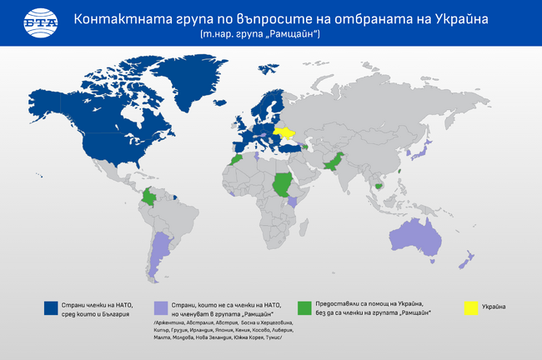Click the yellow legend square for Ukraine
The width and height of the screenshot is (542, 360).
[472, 307]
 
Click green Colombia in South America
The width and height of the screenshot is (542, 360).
[149, 199]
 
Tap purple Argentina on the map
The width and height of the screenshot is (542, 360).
[158, 254]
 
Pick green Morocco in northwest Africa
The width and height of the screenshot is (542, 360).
[238, 157]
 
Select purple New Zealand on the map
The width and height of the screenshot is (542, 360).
[468, 258]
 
